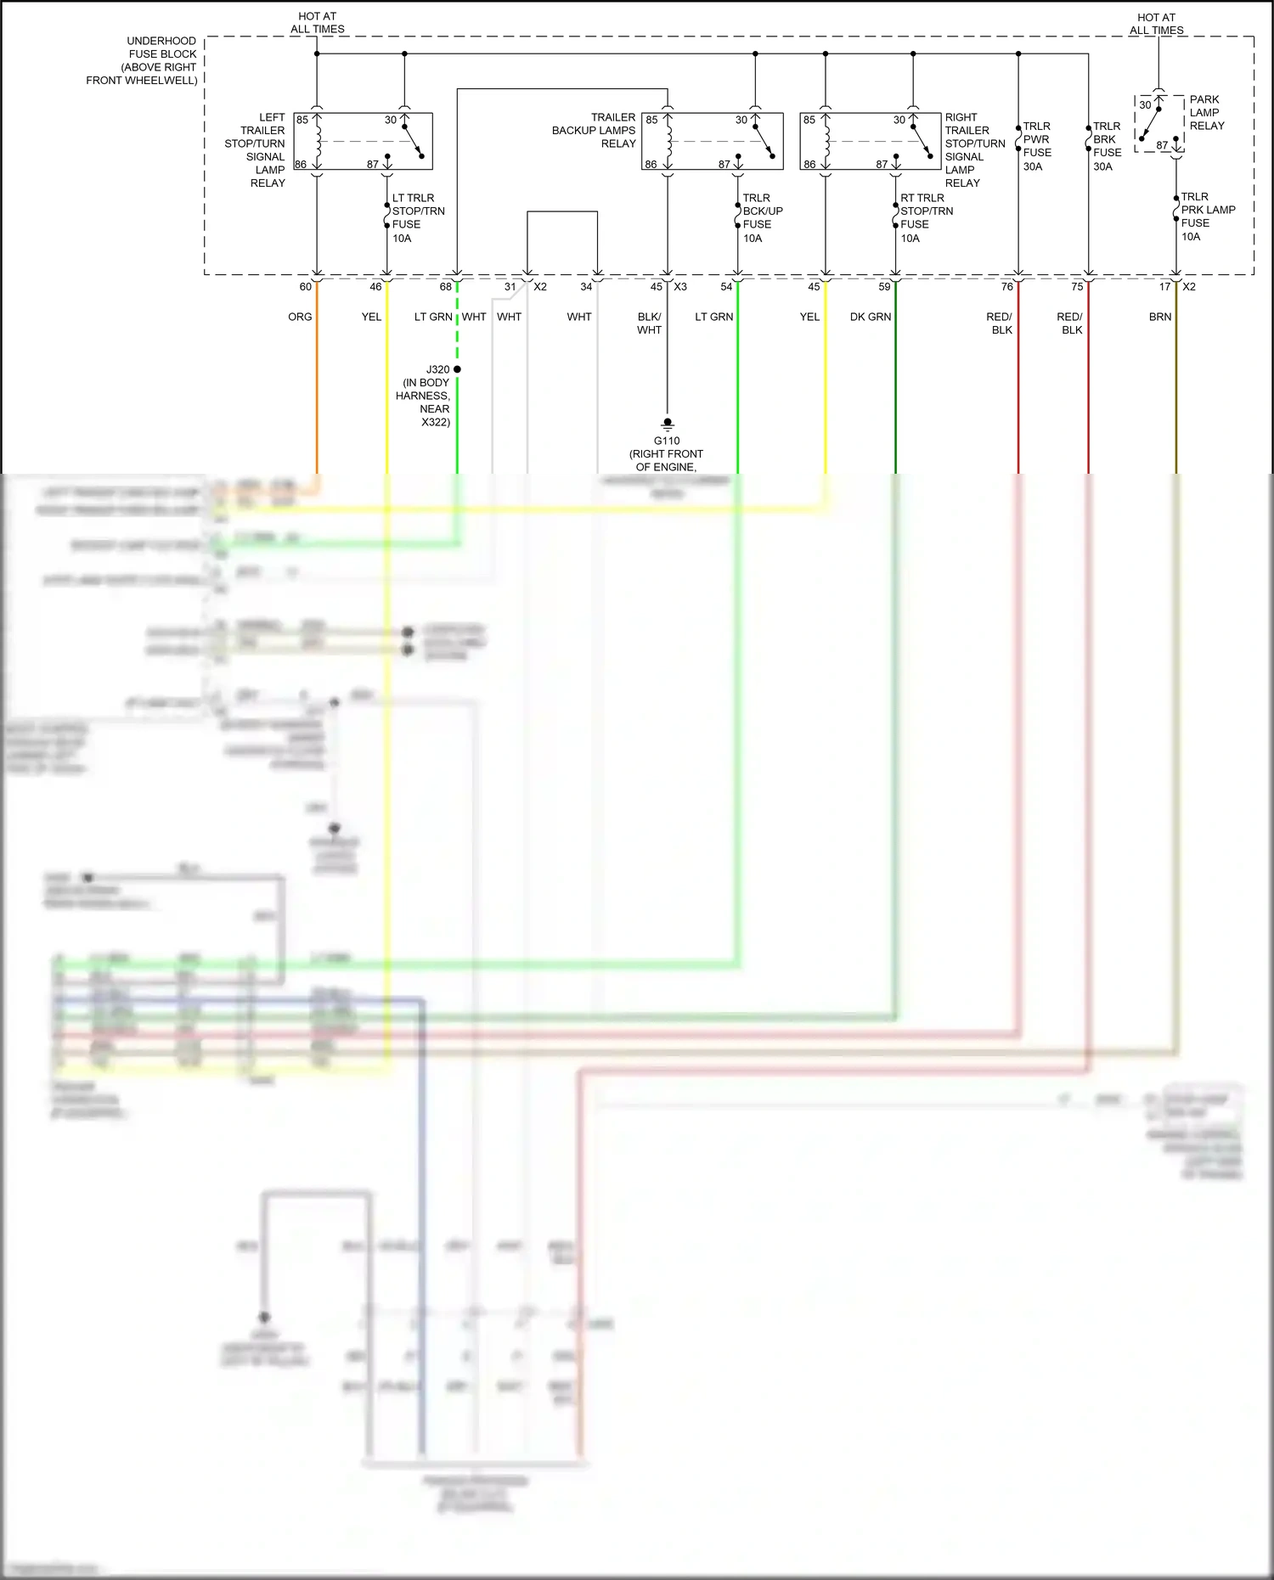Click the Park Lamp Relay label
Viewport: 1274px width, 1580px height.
[x=1206, y=112]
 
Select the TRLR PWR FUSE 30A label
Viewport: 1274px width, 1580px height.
[x=1036, y=146]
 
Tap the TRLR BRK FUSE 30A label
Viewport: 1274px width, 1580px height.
[x=1107, y=146]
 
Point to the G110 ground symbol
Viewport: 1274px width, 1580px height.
[x=668, y=423]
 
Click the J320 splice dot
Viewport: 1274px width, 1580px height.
[x=457, y=369]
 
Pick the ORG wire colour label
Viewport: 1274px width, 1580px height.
[x=300, y=317]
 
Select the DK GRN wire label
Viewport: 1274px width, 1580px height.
[x=870, y=317]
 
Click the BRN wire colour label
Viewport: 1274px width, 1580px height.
[x=1159, y=317]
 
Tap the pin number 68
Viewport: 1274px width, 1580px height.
[x=445, y=287]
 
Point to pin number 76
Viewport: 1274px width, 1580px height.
[x=1006, y=287]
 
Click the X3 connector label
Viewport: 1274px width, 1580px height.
[x=680, y=287]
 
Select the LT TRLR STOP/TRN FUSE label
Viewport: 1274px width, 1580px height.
[x=417, y=217]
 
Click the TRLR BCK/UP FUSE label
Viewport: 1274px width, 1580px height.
[x=762, y=217]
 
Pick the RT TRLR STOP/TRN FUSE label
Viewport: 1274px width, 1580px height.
[x=926, y=217]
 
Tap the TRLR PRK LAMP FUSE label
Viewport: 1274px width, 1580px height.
[x=1207, y=216]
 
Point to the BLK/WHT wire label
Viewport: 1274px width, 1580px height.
[x=649, y=323]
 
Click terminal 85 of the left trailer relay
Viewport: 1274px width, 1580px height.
[x=302, y=120]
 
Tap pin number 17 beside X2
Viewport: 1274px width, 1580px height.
[x=1164, y=287]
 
